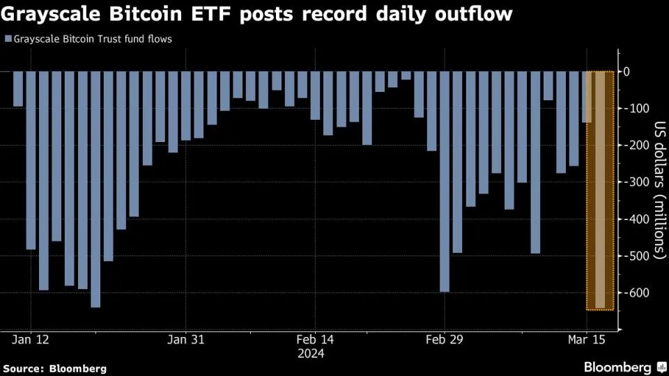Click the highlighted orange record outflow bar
click(600, 190)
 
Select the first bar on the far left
click(18, 89)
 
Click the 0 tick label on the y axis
click(627, 72)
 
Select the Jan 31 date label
click(187, 340)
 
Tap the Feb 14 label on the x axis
click(316, 340)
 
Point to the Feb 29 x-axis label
click(445, 340)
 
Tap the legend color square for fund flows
click(7, 39)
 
